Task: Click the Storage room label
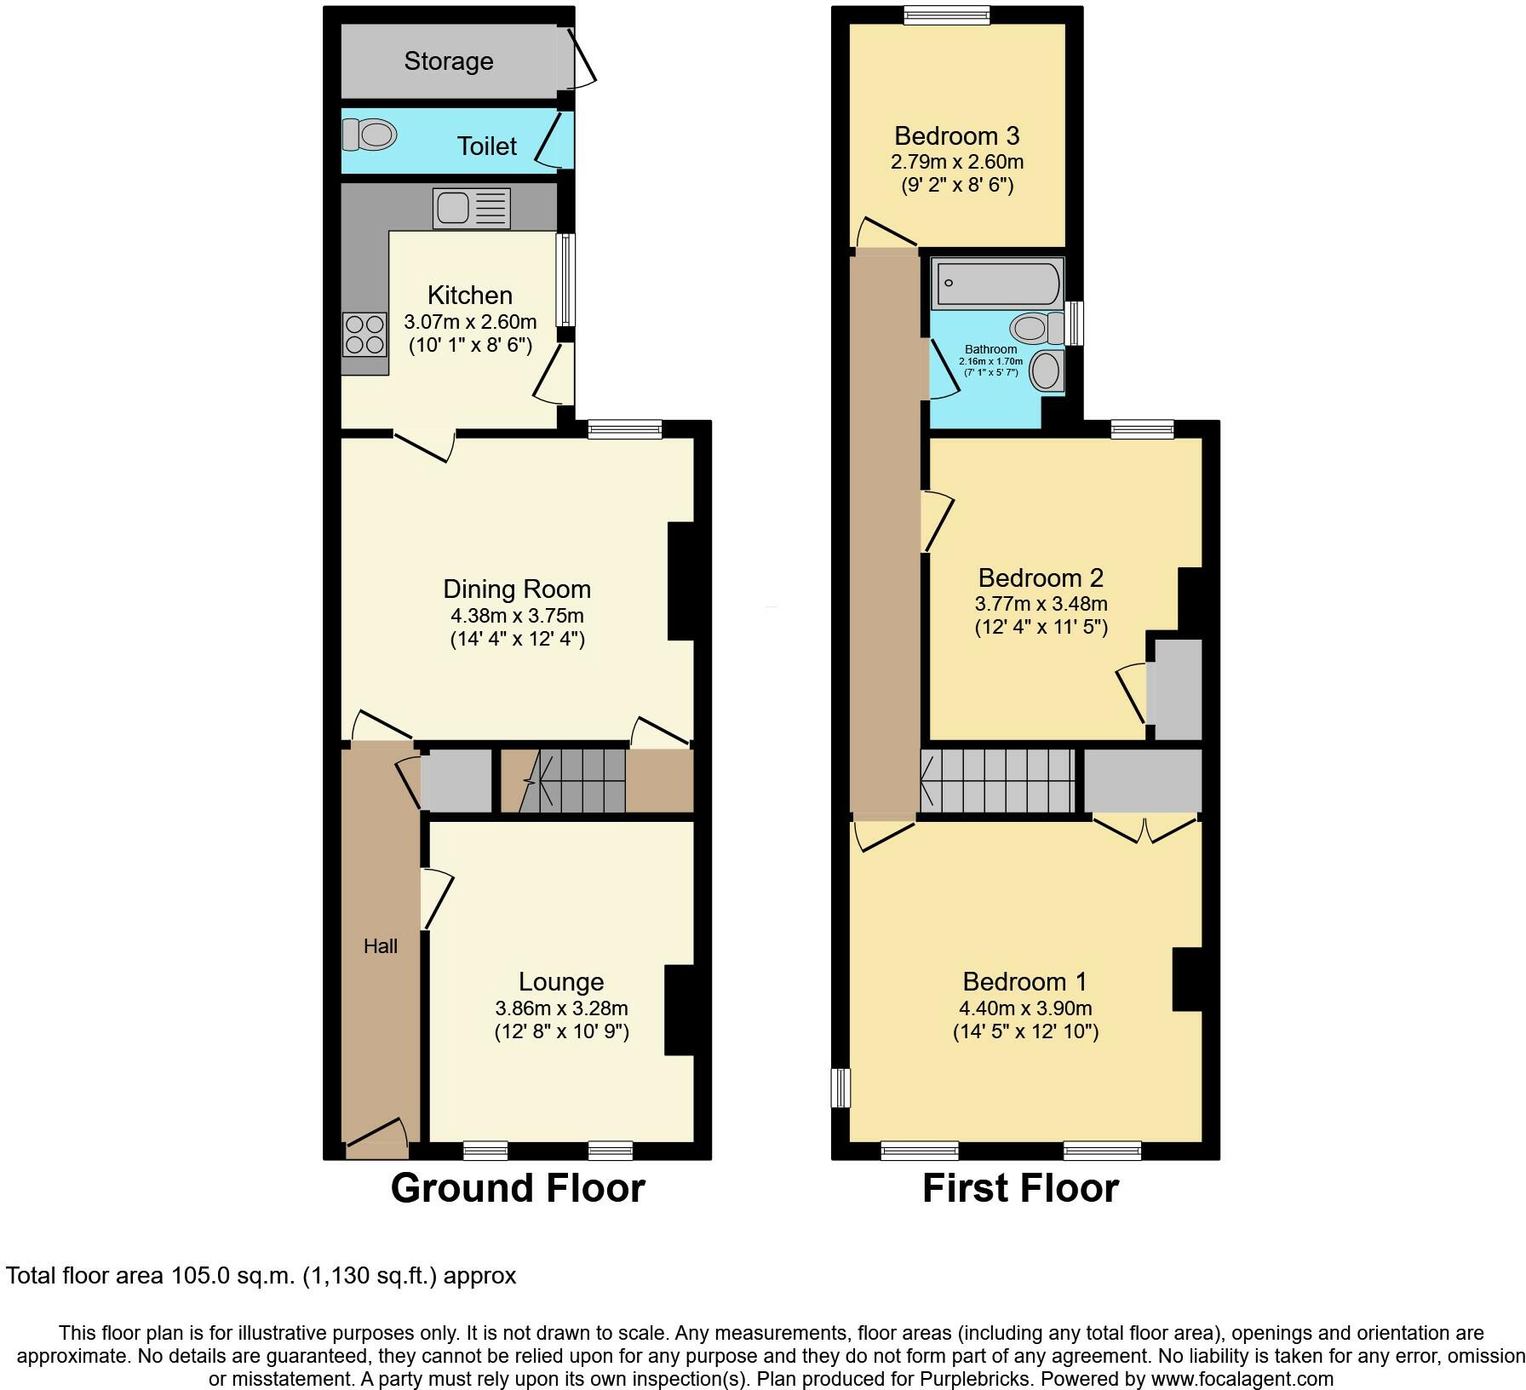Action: (448, 61)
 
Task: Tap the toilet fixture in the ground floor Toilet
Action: (370, 135)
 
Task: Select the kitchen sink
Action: (471, 209)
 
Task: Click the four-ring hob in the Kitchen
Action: (364, 334)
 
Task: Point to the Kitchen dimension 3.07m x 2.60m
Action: (470, 322)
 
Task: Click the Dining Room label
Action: (516, 589)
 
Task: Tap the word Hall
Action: (380, 945)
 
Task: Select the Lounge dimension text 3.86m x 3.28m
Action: (561, 1008)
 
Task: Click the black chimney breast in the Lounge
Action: (680, 1010)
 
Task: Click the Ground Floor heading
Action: (517, 1188)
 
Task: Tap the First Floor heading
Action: (1019, 1188)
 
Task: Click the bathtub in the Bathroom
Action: (996, 284)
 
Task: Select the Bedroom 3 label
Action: (956, 135)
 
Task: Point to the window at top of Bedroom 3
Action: (947, 14)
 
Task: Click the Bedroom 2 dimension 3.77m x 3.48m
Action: (1041, 604)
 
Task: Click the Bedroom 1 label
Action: (1024, 981)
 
